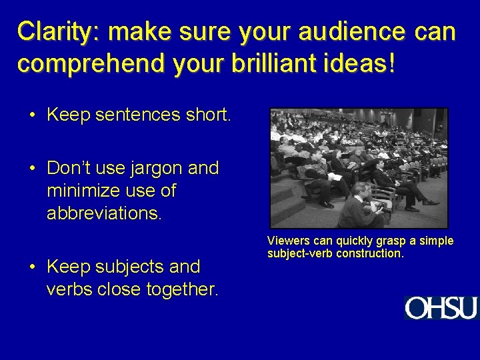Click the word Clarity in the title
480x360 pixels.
[x=57, y=31]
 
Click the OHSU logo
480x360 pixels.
[x=441, y=308]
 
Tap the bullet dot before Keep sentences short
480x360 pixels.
[x=32, y=115]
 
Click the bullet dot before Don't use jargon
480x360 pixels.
[x=32, y=168]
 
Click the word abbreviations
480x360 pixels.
[x=104, y=213]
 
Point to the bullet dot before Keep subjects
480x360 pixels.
[x=32, y=267]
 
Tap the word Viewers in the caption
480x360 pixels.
[x=285, y=241]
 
